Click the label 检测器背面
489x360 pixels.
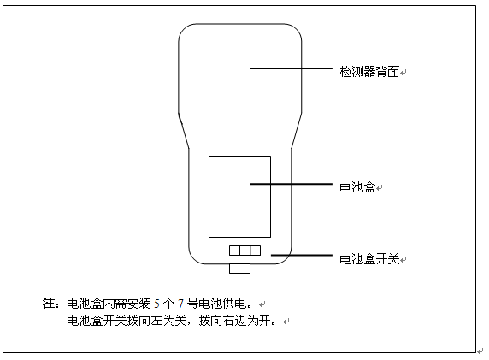point(369,72)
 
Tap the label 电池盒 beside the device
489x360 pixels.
point(357,187)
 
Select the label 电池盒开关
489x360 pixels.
point(369,259)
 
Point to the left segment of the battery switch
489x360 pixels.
point(234,251)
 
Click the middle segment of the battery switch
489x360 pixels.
point(245,251)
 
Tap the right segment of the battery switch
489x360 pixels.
point(256,251)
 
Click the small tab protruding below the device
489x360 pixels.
point(240,269)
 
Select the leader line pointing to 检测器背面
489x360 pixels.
point(292,68)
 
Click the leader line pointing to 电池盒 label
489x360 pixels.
point(292,184)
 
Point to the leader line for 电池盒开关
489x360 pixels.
point(302,255)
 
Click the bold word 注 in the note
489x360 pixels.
point(49,304)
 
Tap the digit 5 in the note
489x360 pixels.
point(156,304)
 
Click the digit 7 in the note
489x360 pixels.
point(180,304)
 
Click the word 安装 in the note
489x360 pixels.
point(138,304)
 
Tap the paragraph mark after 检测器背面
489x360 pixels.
point(404,73)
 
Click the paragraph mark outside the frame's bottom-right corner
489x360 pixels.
point(480,351)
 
